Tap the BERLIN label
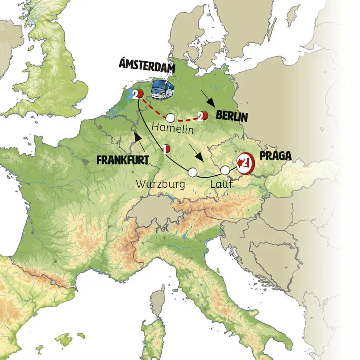click(x=232, y=117)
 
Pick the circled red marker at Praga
click(x=245, y=163)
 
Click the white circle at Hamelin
click(x=170, y=118)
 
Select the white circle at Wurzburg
click(x=193, y=172)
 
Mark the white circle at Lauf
click(x=225, y=170)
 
